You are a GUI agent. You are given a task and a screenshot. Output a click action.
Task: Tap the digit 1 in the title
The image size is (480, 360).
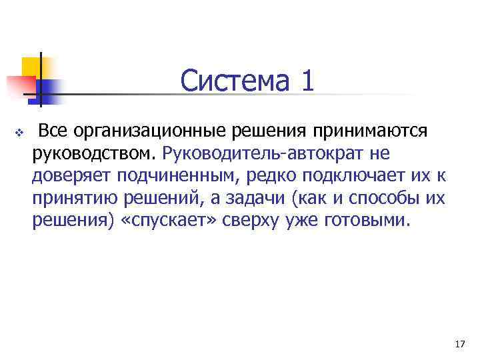pyautogui.click(x=306, y=82)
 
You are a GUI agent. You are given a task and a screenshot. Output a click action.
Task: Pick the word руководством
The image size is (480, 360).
pyautogui.click(x=93, y=153)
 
